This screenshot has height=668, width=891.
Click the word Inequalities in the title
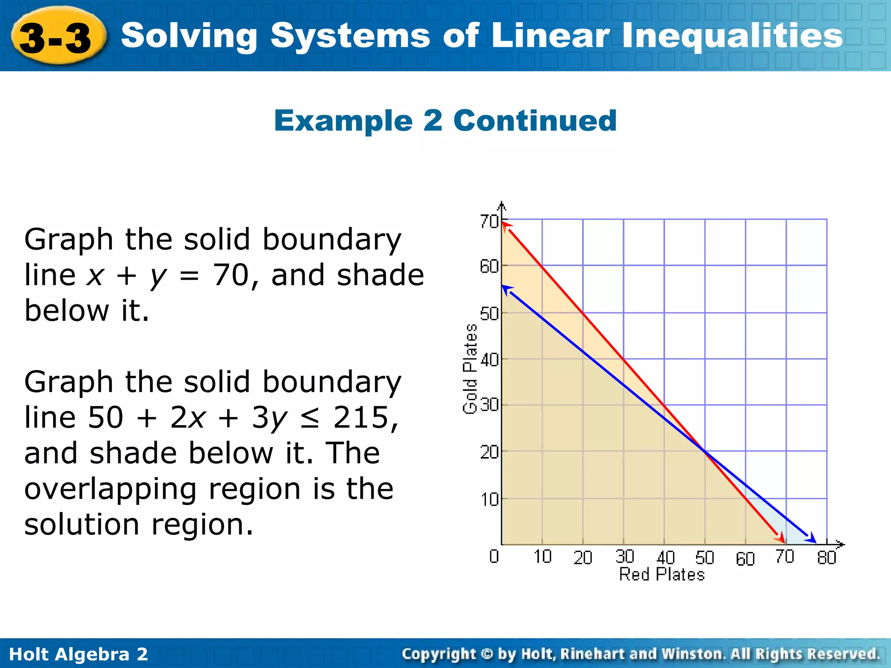(x=732, y=36)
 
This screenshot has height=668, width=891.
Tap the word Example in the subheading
(x=343, y=120)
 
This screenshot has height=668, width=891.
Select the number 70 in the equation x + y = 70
(x=231, y=275)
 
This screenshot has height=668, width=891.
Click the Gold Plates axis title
(x=470, y=369)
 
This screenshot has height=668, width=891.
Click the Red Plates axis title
(x=662, y=574)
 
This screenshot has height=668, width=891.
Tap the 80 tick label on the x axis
(x=826, y=558)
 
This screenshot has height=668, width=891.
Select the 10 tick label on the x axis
(x=543, y=557)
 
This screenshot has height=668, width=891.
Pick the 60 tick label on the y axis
(x=489, y=267)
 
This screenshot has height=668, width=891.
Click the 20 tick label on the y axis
(x=489, y=453)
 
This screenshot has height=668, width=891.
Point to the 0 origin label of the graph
(x=494, y=556)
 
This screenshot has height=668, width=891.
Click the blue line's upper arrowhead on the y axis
(x=506, y=289)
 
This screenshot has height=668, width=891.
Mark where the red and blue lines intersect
(x=704, y=451)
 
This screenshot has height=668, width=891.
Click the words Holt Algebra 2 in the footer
(x=78, y=654)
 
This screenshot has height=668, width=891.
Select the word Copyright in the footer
(x=439, y=654)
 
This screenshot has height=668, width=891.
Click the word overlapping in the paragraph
(x=111, y=489)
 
